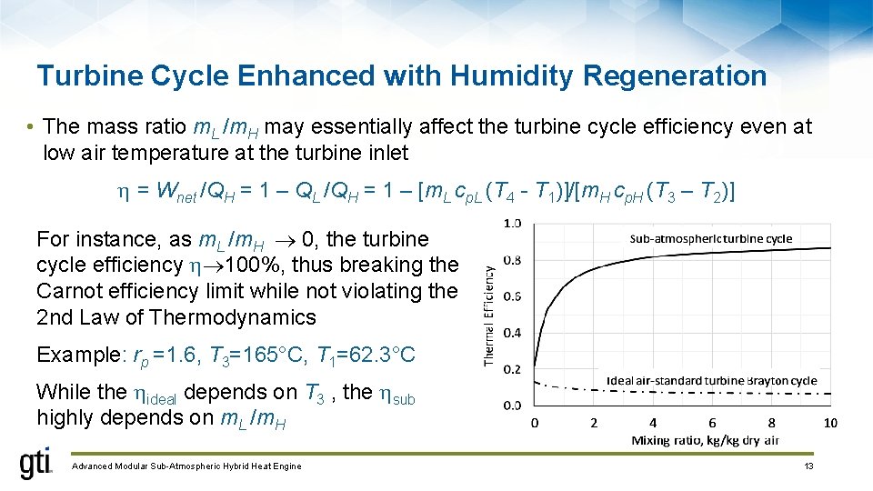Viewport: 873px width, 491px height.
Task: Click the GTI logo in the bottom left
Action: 36,464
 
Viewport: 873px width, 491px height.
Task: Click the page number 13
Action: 808,466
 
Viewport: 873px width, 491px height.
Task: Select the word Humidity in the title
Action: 475,75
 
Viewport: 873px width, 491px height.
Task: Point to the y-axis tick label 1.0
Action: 512,223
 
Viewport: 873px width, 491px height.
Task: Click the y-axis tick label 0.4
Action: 512,333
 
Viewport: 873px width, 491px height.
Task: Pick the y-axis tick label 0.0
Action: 512,406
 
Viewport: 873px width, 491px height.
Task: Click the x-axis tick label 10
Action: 829,423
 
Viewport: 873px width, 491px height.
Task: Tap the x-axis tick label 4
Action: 653,423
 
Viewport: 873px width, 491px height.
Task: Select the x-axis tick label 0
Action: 535,423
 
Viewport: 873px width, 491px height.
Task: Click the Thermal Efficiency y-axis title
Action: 490,316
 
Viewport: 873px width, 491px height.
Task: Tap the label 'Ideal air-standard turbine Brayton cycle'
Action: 711,380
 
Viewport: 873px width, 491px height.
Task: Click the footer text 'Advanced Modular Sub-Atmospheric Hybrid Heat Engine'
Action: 186,466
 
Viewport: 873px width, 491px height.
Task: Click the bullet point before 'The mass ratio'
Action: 30,126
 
